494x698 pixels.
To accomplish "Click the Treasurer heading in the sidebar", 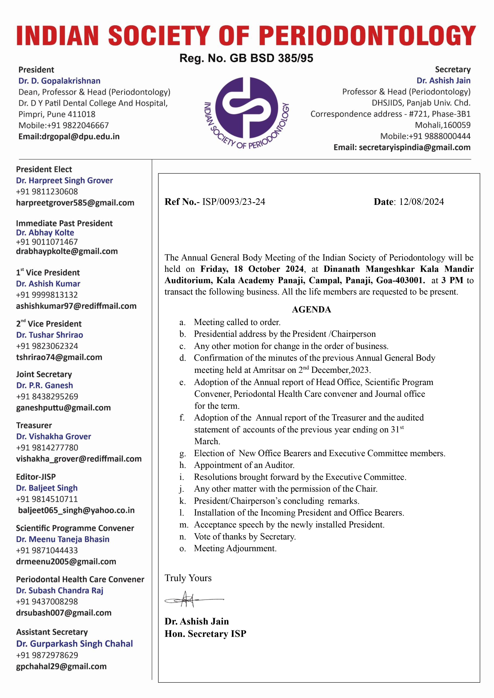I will tap(34, 425).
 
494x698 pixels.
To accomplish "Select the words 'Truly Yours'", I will tap(188, 578).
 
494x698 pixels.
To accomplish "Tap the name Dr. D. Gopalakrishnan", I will tap(59, 81).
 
